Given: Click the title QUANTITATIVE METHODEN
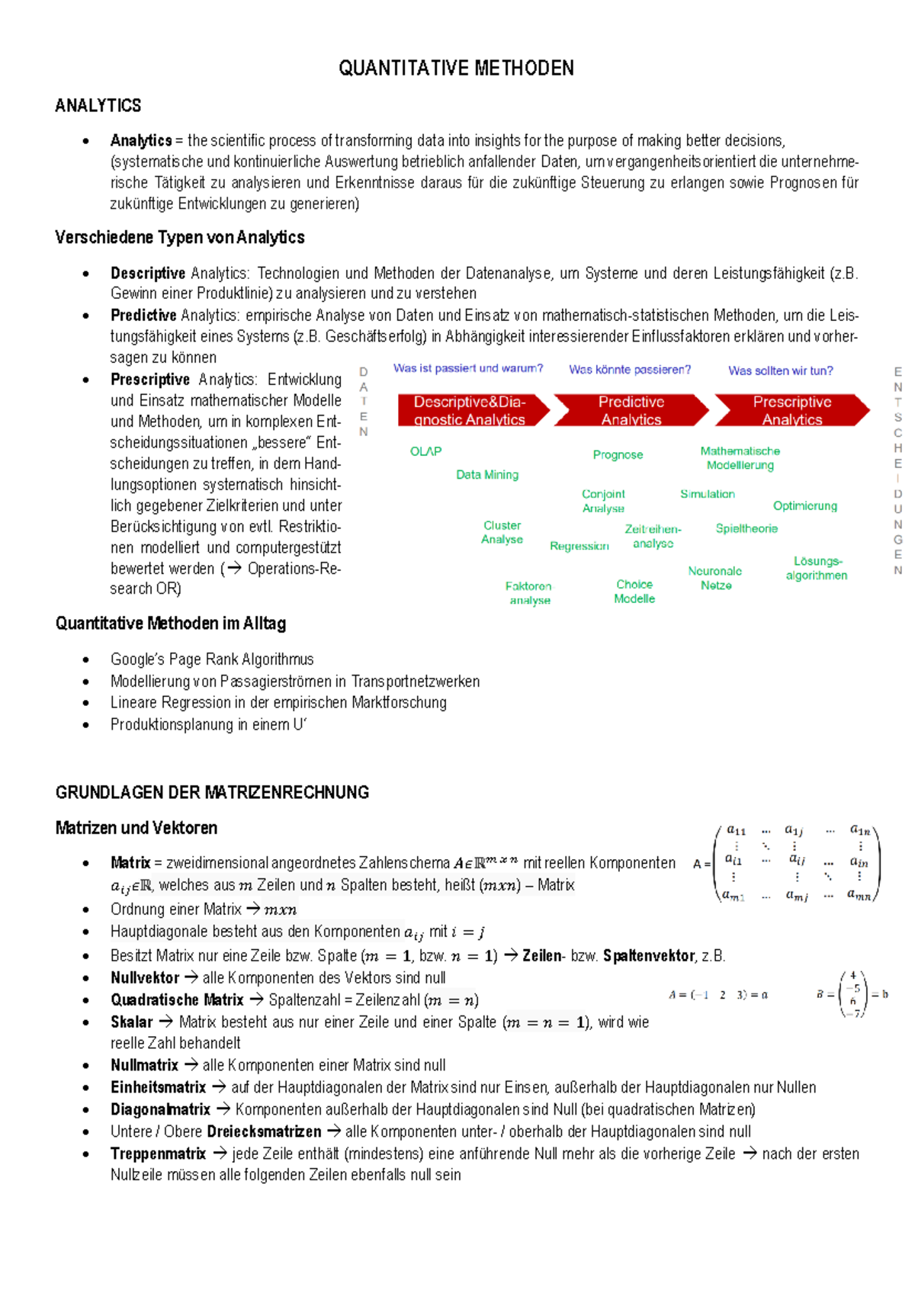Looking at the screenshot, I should (x=456, y=69).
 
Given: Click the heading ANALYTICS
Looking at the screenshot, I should (x=98, y=105).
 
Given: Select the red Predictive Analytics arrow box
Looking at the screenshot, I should (x=631, y=410).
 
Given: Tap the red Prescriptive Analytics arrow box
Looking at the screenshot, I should (x=791, y=410).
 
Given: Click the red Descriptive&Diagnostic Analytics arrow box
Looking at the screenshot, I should (x=470, y=410).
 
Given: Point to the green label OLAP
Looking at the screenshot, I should (x=425, y=451).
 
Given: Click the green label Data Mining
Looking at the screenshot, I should (x=487, y=474).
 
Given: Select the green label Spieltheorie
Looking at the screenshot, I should (x=746, y=528).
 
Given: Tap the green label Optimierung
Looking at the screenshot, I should (x=804, y=505).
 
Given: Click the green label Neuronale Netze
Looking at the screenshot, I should (x=715, y=578).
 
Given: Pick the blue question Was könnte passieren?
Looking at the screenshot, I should (x=630, y=370).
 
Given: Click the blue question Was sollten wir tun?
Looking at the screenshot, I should (x=780, y=371).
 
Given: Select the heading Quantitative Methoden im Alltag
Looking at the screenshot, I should (x=170, y=624).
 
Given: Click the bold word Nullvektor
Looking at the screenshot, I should (x=145, y=977).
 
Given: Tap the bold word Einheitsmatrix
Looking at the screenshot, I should (x=158, y=1087).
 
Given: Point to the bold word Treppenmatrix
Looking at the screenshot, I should (x=158, y=1153).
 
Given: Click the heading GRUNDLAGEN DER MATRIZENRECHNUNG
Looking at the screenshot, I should (x=212, y=792).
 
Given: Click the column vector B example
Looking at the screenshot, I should (x=853, y=994).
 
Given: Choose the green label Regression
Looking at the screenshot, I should (x=579, y=546).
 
